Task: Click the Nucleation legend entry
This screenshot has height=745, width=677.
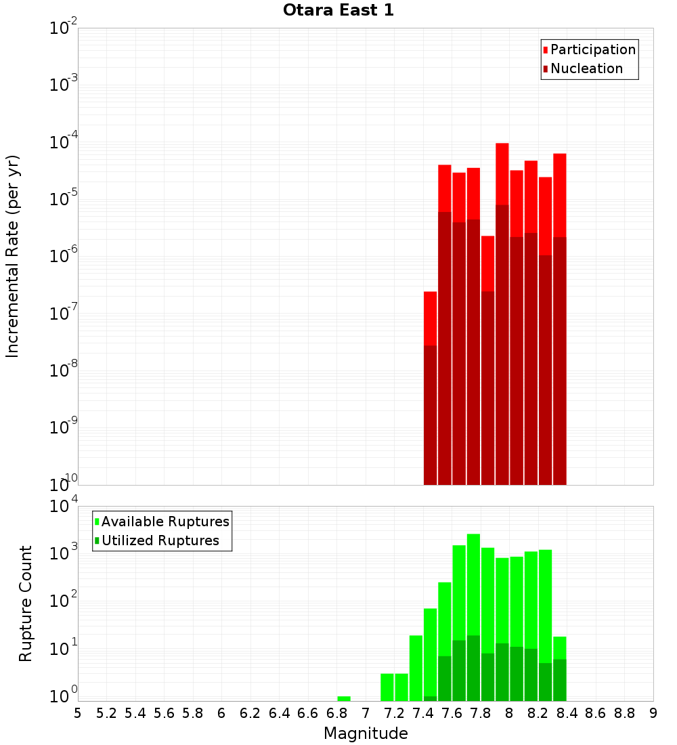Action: tap(586, 69)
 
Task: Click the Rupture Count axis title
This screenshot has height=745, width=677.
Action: tap(26, 603)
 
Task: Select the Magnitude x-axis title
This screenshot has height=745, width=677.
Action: tap(366, 733)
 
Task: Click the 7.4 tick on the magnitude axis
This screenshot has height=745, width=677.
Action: tap(423, 713)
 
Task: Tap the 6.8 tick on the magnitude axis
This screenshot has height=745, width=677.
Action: tap(336, 713)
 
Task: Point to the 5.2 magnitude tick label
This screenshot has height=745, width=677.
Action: tap(106, 713)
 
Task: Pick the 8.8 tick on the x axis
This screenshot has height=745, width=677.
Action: tap(624, 713)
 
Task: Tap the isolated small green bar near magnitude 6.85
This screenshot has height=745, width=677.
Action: tap(344, 698)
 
